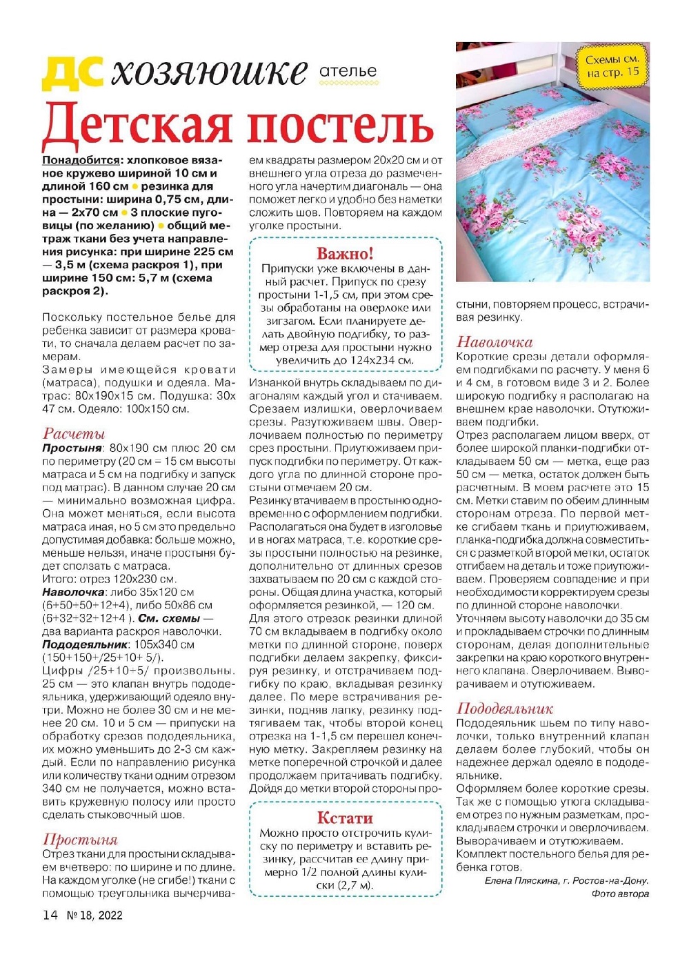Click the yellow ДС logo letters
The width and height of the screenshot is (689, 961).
[72, 72]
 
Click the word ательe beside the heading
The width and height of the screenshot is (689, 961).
[348, 71]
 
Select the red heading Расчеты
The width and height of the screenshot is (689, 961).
[74, 433]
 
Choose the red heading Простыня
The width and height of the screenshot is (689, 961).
[80, 840]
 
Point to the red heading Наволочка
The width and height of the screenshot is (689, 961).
[495, 341]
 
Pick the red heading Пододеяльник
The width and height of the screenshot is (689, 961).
[505, 709]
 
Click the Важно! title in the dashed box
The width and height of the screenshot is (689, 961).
[345, 253]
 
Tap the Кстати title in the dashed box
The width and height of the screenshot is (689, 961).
[345, 818]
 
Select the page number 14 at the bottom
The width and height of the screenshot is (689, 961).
[50, 915]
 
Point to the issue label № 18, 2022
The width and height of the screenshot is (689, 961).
[94, 916]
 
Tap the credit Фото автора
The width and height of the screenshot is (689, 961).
[620, 893]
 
